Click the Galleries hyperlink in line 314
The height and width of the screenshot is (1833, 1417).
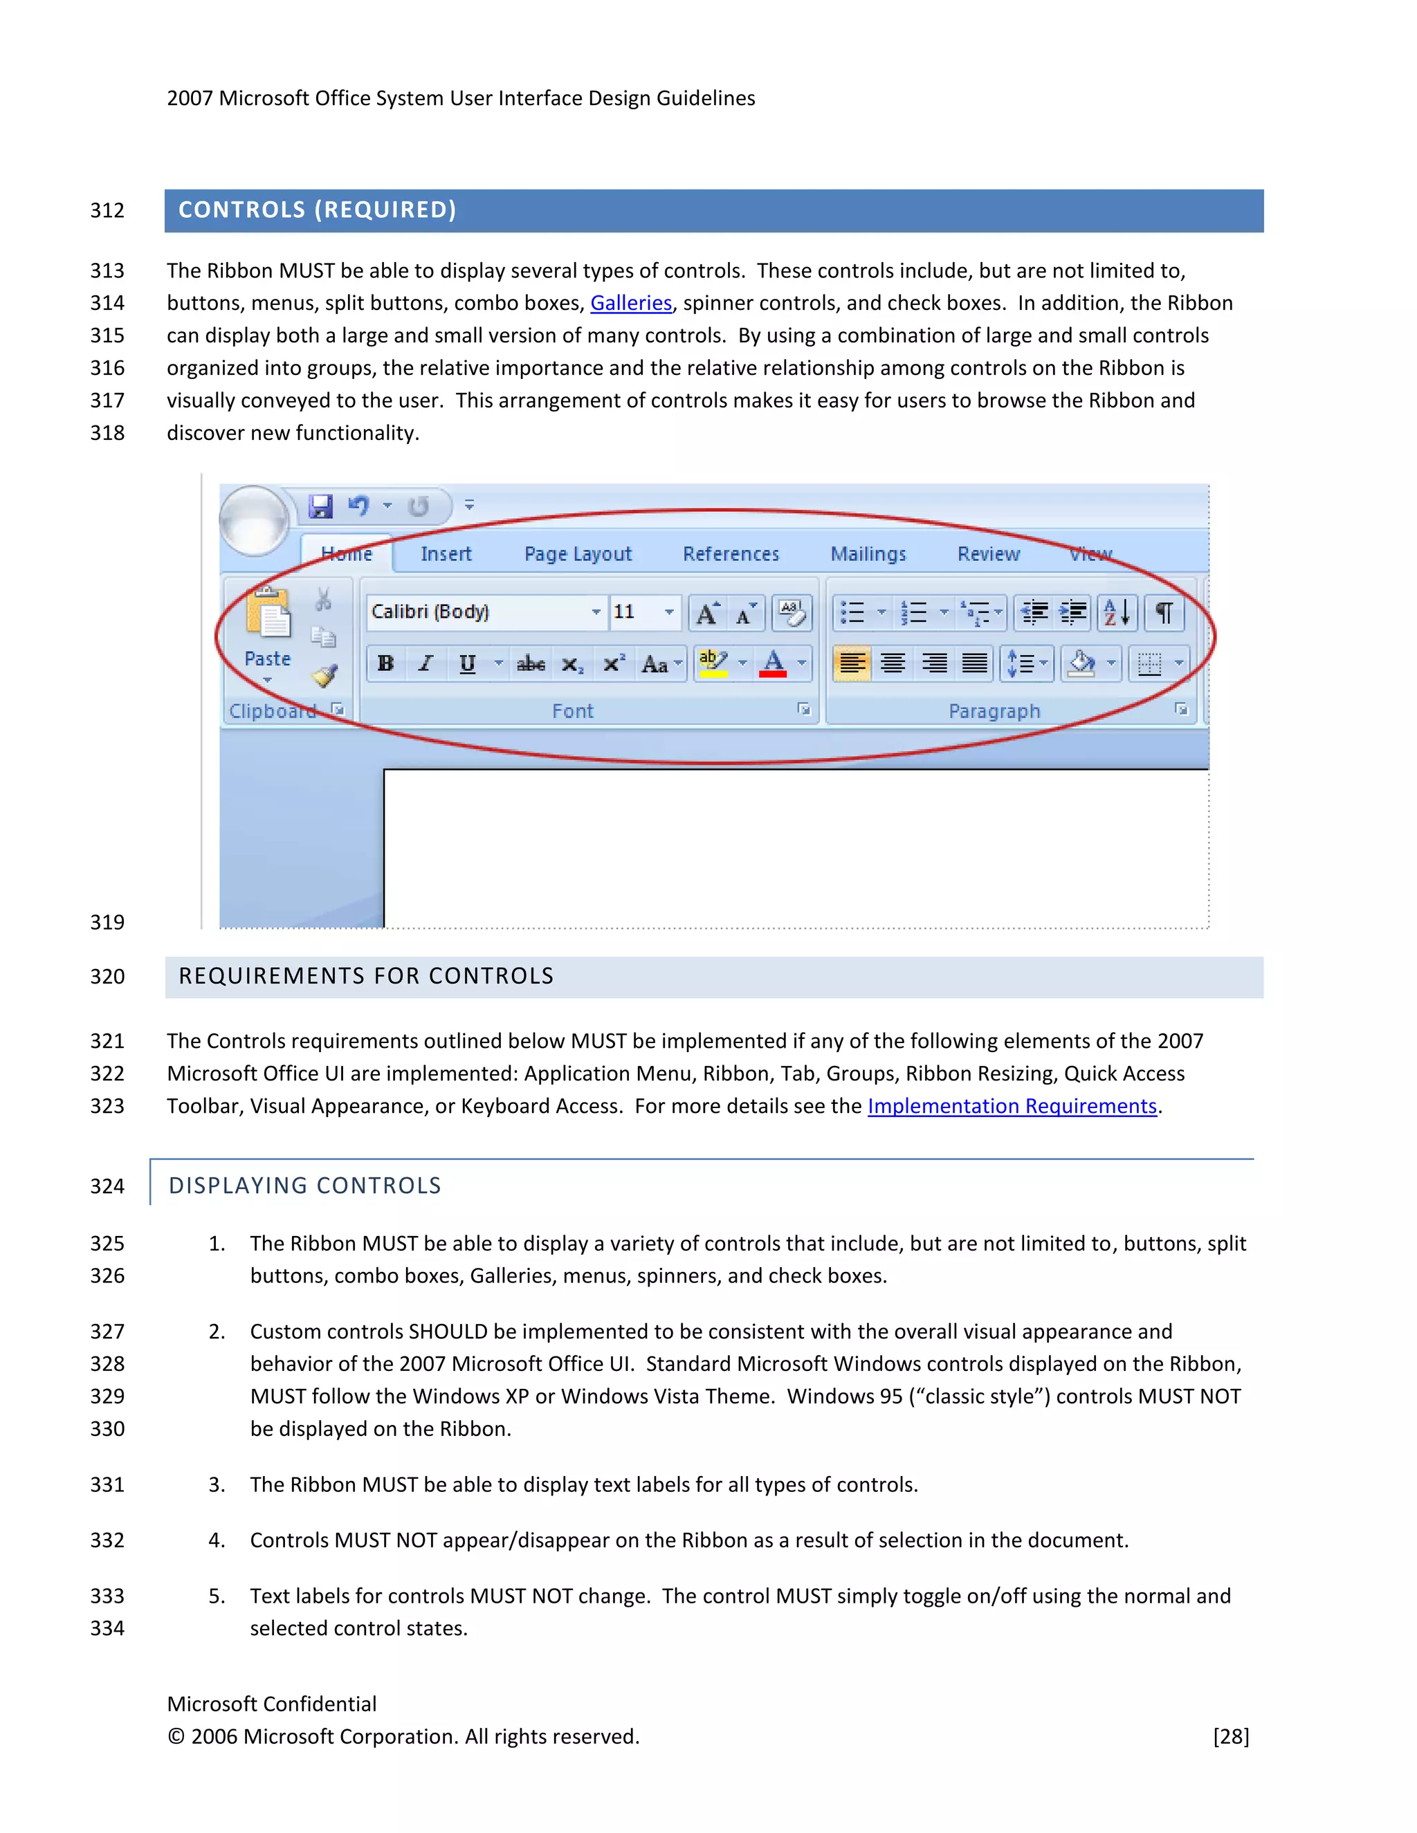click(x=630, y=303)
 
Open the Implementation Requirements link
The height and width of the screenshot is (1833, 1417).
click(x=1012, y=1106)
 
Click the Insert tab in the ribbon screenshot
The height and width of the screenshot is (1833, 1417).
click(x=446, y=554)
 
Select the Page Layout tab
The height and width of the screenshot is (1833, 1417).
click(x=578, y=554)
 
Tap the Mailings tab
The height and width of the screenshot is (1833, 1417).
click(x=868, y=554)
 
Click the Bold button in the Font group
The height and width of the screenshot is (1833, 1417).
click(x=385, y=664)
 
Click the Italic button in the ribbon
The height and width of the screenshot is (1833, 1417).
click(x=426, y=664)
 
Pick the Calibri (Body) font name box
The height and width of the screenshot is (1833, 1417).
click(x=479, y=612)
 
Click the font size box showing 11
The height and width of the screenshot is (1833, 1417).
click(x=634, y=612)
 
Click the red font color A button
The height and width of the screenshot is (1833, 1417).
click(x=773, y=664)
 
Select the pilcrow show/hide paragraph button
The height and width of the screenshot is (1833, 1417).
click(x=1164, y=613)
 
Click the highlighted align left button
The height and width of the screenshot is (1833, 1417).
click(x=852, y=664)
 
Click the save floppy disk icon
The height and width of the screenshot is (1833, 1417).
click(x=320, y=506)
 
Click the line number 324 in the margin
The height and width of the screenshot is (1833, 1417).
click(x=107, y=1186)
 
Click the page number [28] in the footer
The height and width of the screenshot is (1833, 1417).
click(x=1231, y=1736)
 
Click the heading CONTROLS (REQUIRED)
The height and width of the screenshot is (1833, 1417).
click(x=318, y=210)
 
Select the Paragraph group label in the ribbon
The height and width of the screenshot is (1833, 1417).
click(x=994, y=711)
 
